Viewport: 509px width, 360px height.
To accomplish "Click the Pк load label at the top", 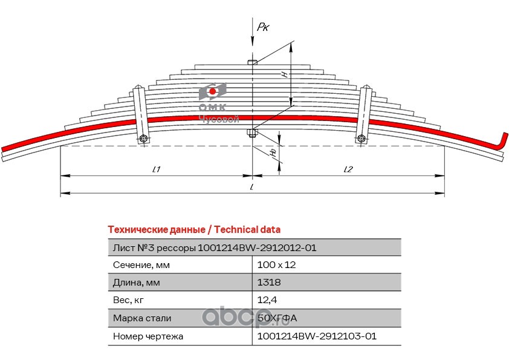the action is [x=263, y=27].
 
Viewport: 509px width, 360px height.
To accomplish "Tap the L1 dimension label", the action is [x=157, y=169].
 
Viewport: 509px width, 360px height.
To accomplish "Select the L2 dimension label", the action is [x=348, y=169].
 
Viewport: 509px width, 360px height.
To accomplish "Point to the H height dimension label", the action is [x=285, y=74].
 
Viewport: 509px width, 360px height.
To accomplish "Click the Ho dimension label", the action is [x=274, y=152].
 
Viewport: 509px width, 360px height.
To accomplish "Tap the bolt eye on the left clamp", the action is [x=143, y=139].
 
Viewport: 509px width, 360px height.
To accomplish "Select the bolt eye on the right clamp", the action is [x=361, y=139].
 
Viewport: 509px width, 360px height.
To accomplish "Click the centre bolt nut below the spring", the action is [x=252, y=133].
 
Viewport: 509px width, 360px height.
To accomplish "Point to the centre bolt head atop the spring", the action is [x=253, y=62].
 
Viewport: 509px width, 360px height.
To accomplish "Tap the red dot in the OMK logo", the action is [x=213, y=91].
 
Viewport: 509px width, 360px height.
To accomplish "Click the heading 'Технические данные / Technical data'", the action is [x=194, y=229].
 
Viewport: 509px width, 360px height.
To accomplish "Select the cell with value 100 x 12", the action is [x=277, y=265].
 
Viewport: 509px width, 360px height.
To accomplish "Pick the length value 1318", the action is [x=269, y=282].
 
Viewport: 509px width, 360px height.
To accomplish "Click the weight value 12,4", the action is [x=267, y=300].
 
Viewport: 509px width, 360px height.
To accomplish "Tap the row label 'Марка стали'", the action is [x=142, y=318].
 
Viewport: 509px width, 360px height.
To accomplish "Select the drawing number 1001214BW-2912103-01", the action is [x=317, y=336].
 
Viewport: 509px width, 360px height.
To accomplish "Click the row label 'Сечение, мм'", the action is [x=141, y=265].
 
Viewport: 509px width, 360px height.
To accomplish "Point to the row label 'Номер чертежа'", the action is [x=148, y=336].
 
